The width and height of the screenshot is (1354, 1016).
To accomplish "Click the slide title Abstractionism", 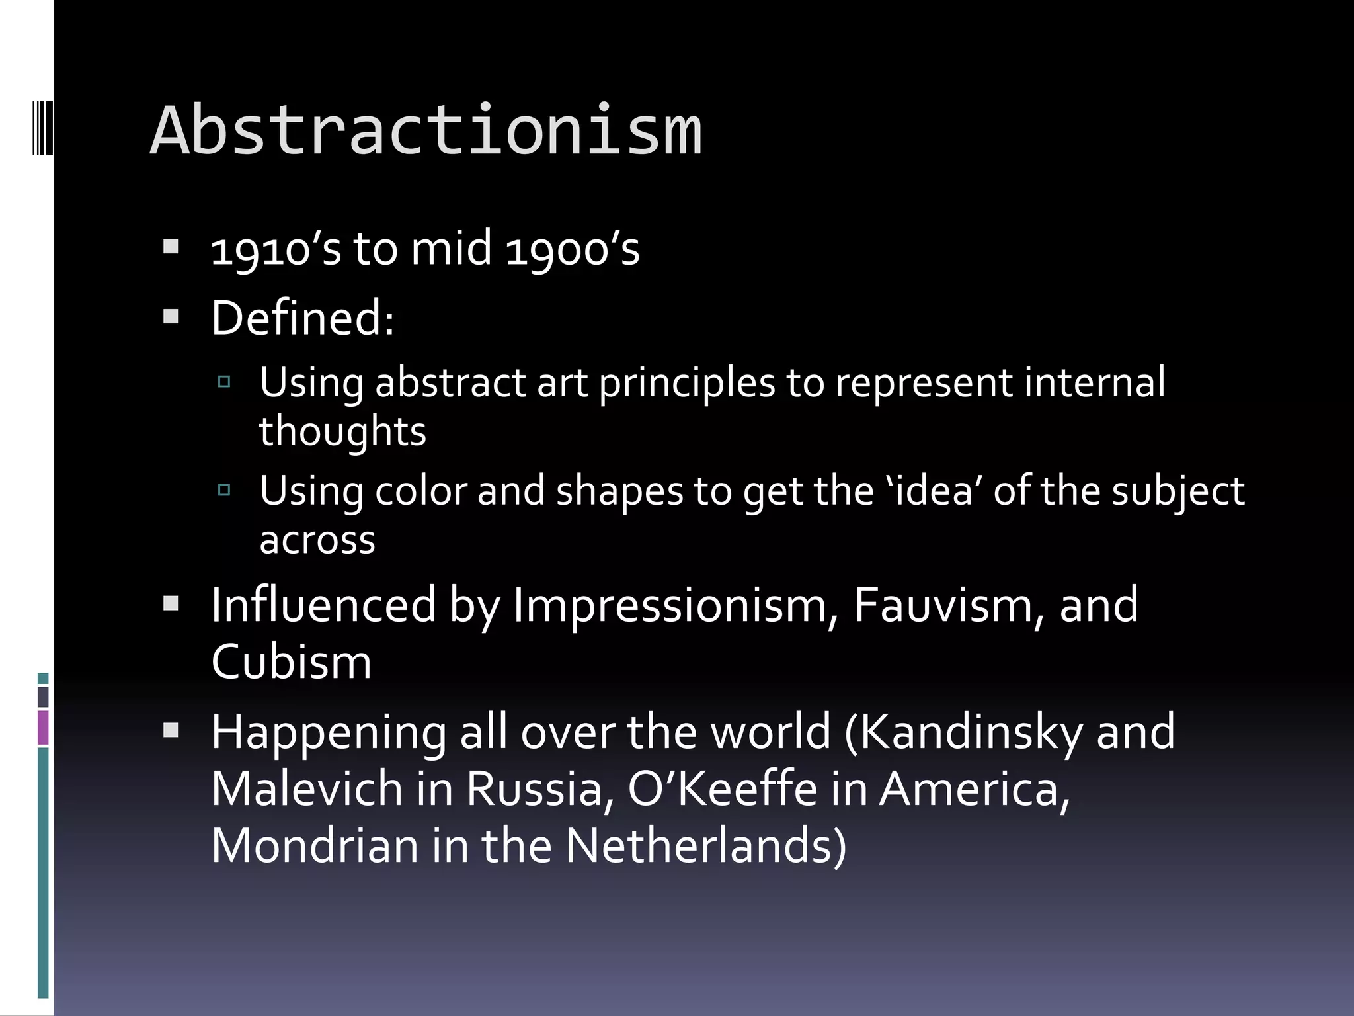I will click(426, 131).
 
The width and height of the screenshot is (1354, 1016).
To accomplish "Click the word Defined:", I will click(303, 318).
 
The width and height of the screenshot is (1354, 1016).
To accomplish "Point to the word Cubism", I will click(291, 661).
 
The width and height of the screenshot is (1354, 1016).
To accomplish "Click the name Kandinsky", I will click(971, 732).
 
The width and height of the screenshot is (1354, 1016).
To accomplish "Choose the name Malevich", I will click(307, 789).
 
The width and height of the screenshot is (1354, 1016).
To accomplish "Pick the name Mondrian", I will click(315, 846).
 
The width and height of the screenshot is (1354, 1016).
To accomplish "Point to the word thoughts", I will click(342, 431).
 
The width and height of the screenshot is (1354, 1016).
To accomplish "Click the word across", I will click(317, 540).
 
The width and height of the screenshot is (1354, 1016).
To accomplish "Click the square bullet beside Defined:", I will click(171, 317).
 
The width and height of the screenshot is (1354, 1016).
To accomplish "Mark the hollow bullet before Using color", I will click(224, 490).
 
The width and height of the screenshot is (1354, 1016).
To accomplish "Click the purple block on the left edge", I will click(43, 727).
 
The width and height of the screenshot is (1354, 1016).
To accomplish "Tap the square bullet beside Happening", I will click(171, 730).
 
